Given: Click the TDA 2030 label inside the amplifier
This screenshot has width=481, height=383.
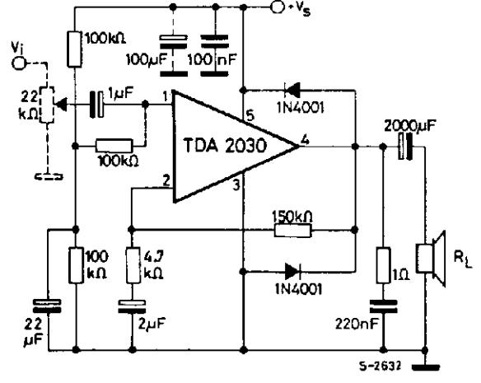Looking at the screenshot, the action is (225, 145).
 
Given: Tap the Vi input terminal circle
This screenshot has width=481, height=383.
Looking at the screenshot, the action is (19, 63).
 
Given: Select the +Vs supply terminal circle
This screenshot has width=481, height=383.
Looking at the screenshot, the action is (278, 7).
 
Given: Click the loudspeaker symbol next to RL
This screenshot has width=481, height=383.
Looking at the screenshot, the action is (431, 259).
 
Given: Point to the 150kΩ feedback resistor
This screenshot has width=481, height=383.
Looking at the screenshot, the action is (292, 230).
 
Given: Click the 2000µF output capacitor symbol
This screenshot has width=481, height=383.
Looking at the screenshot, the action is (405, 147).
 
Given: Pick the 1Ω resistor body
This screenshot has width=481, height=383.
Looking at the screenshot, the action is (384, 265).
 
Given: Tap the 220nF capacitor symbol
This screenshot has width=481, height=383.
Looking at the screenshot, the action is (384, 307).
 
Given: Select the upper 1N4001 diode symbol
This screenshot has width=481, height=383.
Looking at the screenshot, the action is (292, 91).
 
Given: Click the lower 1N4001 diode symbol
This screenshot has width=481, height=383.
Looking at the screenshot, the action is (292, 272).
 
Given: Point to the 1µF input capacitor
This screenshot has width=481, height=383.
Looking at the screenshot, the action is (97, 105).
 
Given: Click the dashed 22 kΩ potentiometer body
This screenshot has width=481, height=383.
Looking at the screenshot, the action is (47, 105).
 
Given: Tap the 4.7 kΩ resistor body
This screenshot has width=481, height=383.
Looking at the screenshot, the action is (133, 265).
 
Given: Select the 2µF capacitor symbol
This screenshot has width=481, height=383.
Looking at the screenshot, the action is (133, 306).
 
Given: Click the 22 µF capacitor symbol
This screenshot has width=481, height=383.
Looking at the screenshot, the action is (47, 306).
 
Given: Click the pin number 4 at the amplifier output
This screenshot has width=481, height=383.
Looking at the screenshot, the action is (305, 140).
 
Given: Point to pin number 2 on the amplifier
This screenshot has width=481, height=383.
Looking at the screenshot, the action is (166, 180).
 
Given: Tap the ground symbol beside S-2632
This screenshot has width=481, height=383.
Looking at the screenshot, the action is (426, 367).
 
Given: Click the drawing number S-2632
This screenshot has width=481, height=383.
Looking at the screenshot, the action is (380, 367).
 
